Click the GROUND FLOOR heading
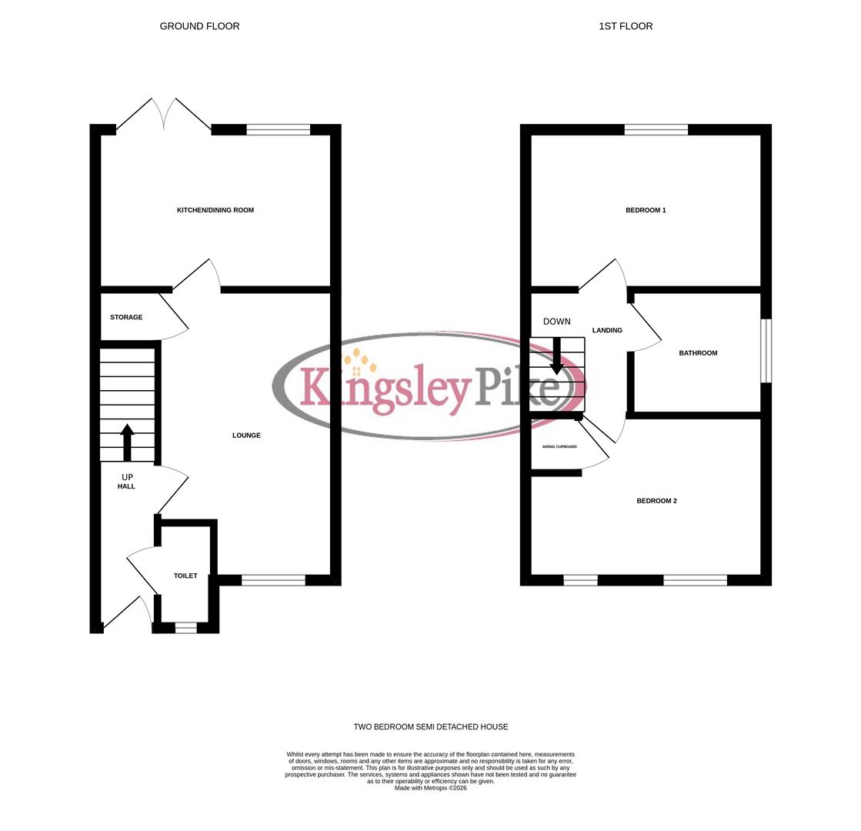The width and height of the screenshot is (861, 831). tap(199, 26)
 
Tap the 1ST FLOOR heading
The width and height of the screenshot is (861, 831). tap(626, 26)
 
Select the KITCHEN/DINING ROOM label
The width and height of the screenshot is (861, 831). tap(215, 210)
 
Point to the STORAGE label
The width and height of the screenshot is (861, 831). tap(126, 317)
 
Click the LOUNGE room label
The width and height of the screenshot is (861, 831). tap(246, 436)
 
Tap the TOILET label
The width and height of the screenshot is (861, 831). tap(185, 576)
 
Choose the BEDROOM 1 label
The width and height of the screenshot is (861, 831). tap(646, 210)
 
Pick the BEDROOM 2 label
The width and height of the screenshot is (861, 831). tap(656, 501)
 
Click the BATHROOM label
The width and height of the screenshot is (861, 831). tap(698, 353)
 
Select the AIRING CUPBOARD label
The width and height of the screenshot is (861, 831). tap(559, 446)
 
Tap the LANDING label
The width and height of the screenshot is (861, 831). tap(607, 330)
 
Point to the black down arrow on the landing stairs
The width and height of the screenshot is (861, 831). tap(556, 356)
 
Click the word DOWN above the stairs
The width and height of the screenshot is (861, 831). tap(556, 322)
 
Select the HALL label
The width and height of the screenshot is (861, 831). tap(126, 486)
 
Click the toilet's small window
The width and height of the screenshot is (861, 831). tap(185, 628)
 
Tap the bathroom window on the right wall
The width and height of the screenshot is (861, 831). tap(766, 350)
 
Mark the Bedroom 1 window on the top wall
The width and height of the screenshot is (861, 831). tap(656, 129)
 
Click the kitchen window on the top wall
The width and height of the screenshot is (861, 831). tap(278, 129)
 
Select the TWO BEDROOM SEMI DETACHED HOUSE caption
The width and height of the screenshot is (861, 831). tap(430, 726)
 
